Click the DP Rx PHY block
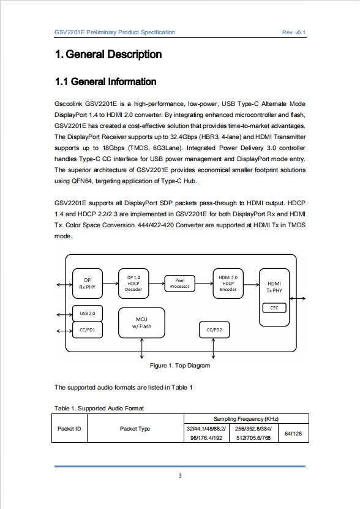88,284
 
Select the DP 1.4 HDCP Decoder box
133,284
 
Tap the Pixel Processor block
180,284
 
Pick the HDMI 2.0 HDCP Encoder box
228,284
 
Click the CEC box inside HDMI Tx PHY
274,307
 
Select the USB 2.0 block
88,313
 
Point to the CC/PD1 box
88,330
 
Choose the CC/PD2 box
214,330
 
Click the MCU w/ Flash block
141,323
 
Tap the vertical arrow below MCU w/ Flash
142,349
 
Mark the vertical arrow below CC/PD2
213,349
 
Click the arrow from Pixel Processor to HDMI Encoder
204,284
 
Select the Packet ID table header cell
69,429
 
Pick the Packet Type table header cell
135,429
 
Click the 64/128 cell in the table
293,434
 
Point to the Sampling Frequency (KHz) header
246,419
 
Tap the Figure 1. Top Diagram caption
180,366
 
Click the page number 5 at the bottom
180,476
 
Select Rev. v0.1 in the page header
294,32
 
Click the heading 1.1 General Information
105,81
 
